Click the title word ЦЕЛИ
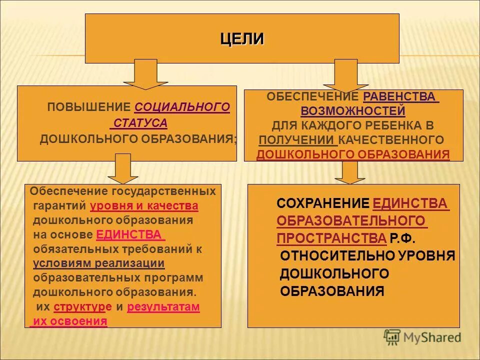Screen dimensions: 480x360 [242, 39]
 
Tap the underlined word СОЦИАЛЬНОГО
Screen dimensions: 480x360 [182, 107]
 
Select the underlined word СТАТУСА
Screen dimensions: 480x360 [140, 123]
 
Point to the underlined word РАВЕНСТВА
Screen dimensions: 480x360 [400, 96]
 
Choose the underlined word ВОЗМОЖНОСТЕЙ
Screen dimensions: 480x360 [353, 110]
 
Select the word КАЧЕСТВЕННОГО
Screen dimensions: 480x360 [391, 139]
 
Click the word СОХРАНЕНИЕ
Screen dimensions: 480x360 [323, 203]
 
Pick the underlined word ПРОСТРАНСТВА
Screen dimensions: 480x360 [331, 238]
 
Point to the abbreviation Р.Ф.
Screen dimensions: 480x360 [403, 238]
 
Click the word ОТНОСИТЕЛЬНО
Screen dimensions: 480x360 [338, 256]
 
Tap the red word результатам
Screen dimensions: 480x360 [163, 307]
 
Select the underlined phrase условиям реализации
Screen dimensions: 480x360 [99, 263]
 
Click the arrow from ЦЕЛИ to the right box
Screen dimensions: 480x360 [346, 74]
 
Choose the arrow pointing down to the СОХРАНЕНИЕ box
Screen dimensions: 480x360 [349, 172]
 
